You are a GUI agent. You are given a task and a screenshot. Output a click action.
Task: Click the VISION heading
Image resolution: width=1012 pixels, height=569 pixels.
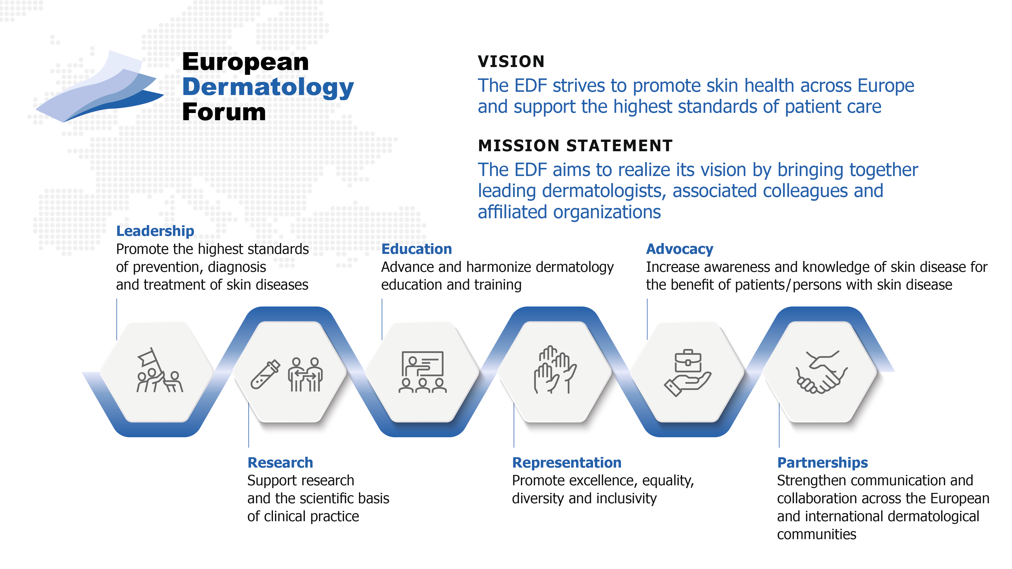pyautogui.click(x=511, y=62)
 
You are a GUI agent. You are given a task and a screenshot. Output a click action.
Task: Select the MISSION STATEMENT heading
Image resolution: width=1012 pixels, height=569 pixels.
pyautogui.click(x=575, y=146)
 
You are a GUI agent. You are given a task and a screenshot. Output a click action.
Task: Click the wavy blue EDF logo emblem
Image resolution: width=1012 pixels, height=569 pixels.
pyautogui.click(x=100, y=86)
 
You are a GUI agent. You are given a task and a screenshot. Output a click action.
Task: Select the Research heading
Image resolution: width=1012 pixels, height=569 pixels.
pyautogui.click(x=280, y=463)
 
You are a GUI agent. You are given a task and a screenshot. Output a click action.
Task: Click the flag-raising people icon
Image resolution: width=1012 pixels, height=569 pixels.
pyautogui.click(x=159, y=370)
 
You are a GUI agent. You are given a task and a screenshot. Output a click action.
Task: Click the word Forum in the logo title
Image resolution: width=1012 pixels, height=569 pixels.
pyautogui.click(x=224, y=112)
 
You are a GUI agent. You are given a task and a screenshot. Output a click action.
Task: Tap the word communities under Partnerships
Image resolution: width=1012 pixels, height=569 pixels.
pyautogui.click(x=816, y=534)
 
